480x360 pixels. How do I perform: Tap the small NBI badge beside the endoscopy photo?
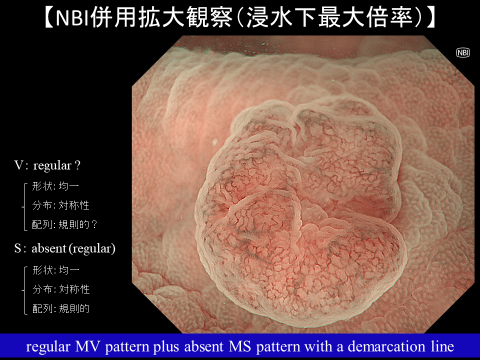(463, 52)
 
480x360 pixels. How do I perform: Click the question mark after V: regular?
(77, 165)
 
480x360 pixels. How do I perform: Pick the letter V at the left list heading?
(18, 165)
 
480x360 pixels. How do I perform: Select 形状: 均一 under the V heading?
(55, 186)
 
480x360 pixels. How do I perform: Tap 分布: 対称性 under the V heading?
(60, 205)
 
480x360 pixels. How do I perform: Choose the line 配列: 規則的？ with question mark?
(64, 224)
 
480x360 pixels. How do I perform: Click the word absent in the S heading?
(49, 248)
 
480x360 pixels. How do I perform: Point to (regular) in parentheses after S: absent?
(92, 248)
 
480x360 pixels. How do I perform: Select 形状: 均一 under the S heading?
(55, 269)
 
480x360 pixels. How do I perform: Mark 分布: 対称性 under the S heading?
(61, 289)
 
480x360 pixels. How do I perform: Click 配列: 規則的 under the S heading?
(61, 308)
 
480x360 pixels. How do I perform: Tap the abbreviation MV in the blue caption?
(88, 346)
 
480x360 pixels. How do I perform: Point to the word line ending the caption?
(442, 346)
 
